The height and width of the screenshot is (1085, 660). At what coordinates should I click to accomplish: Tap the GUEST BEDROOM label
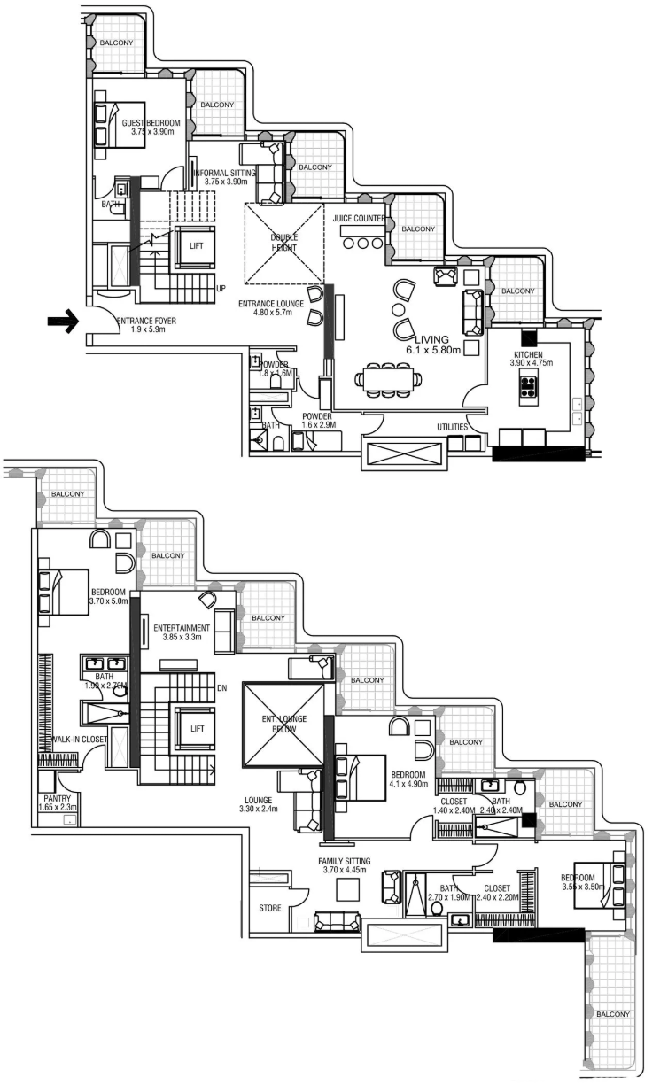151,123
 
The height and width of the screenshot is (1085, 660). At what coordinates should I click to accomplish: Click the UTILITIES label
452,427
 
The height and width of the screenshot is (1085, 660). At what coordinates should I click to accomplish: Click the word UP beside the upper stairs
221,289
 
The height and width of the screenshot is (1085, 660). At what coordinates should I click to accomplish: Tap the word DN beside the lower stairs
222,687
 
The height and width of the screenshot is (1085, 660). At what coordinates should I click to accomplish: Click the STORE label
270,909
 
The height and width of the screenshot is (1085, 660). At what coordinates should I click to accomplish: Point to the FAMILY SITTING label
345,861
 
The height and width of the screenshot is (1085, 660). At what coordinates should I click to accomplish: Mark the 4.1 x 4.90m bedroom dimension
408,783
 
